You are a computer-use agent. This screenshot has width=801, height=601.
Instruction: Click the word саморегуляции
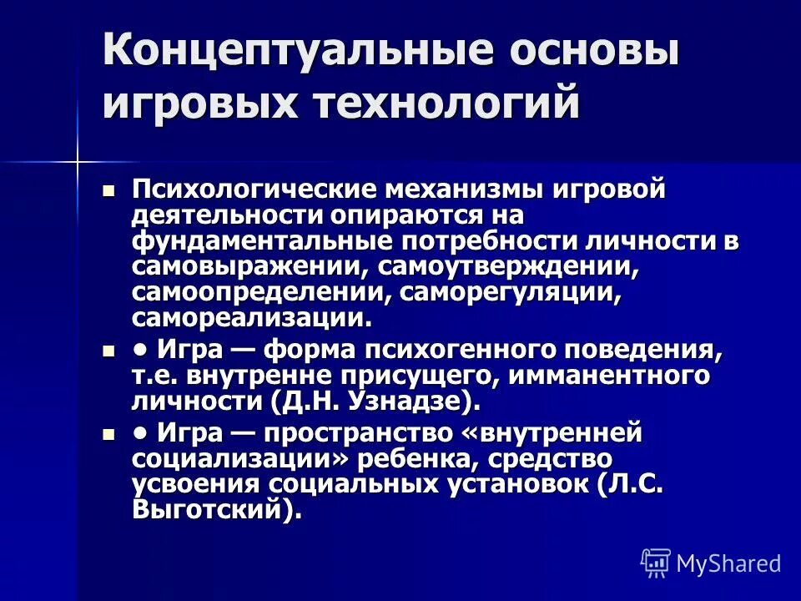tap(511, 293)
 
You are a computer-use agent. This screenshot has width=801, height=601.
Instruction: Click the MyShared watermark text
tap(728, 563)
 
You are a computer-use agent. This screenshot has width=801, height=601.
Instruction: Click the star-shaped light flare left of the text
tap(77, 159)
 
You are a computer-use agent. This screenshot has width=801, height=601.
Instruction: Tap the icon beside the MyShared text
tap(655, 563)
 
